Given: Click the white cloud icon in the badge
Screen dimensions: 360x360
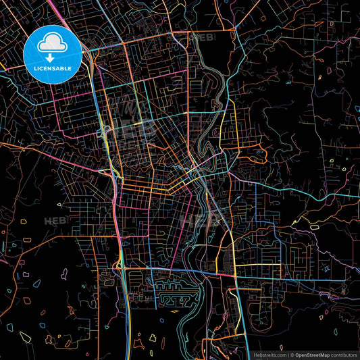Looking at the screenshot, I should pyautogui.click(x=52, y=44).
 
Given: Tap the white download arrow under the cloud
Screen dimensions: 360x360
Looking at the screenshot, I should pyautogui.click(x=52, y=57).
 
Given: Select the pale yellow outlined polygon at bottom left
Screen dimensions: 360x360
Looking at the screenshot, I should pyautogui.click(x=26, y=336).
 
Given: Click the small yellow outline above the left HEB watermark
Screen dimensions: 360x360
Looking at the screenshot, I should pyautogui.click(x=59, y=203).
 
